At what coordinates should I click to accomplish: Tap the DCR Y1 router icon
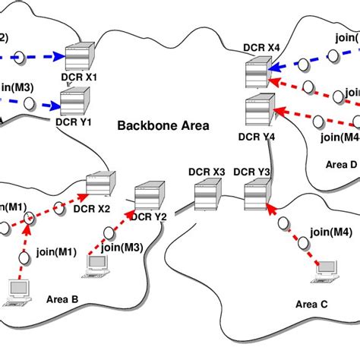[x=76, y=100]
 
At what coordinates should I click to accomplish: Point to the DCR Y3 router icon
[x=254, y=196]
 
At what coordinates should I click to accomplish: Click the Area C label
[x=311, y=305]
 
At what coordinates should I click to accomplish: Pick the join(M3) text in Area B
[x=122, y=246]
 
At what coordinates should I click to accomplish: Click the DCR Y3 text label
[x=252, y=172]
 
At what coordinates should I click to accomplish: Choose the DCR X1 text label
[x=80, y=77]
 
